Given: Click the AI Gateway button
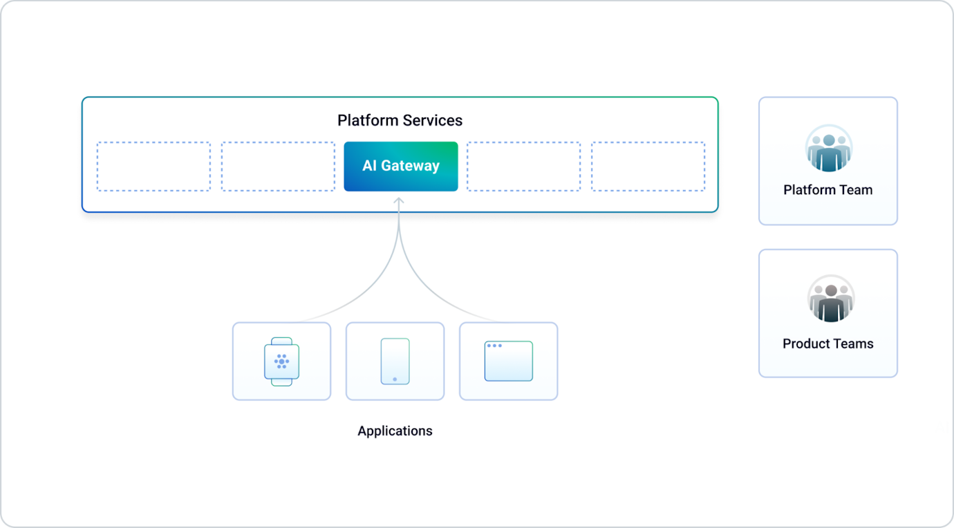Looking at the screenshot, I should tap(400, 167).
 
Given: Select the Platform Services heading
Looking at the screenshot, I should tap(400, 120).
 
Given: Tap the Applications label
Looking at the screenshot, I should tap(395, 431).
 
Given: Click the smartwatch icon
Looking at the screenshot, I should tap(281, 361).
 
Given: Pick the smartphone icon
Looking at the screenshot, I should tap(395, 361).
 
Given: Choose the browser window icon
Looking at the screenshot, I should tap(508, 361).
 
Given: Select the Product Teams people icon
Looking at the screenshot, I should tap(830, 299).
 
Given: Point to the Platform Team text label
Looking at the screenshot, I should tap(827, 190).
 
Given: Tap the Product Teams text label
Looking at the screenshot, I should tap(827, 343).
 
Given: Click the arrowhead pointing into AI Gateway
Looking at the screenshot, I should tap(399, 202).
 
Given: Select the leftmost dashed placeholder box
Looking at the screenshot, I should tap(153, 167).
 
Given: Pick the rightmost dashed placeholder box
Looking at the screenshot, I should tap(648, 167).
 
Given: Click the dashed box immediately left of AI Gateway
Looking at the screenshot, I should tap(278, 167).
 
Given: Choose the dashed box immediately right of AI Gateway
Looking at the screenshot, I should tap(523, 167).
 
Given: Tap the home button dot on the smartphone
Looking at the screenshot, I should tap(395, 379).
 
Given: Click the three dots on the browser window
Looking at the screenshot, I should tap(494, 346).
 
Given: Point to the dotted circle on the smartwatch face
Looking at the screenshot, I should tap(281, 361).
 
